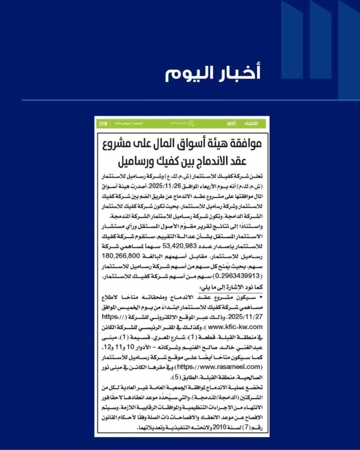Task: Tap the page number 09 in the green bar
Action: click(103, 123)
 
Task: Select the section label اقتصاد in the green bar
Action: click(256, 123)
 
